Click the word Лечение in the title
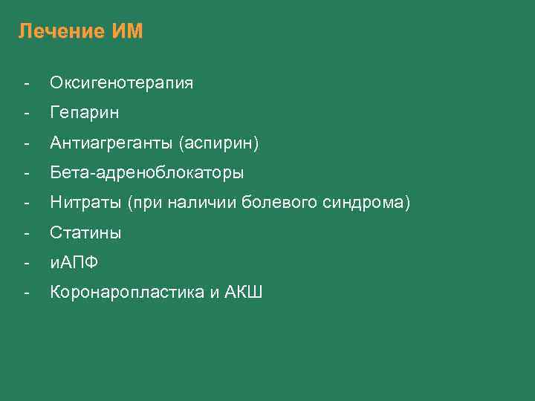pos(61,32)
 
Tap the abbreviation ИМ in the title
pos(126,32)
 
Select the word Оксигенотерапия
pos(121,83)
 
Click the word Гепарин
pos(84,113)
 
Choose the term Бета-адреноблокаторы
pos(146,173)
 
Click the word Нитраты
pos(85,203)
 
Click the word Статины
pos(85,233)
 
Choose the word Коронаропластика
pos(126,293)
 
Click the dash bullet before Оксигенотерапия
pos(26,83)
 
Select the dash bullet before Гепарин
pos(26,113)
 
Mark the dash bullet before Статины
pos(26,233)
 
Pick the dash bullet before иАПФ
pos(26,263)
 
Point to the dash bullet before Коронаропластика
pos(26,293)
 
